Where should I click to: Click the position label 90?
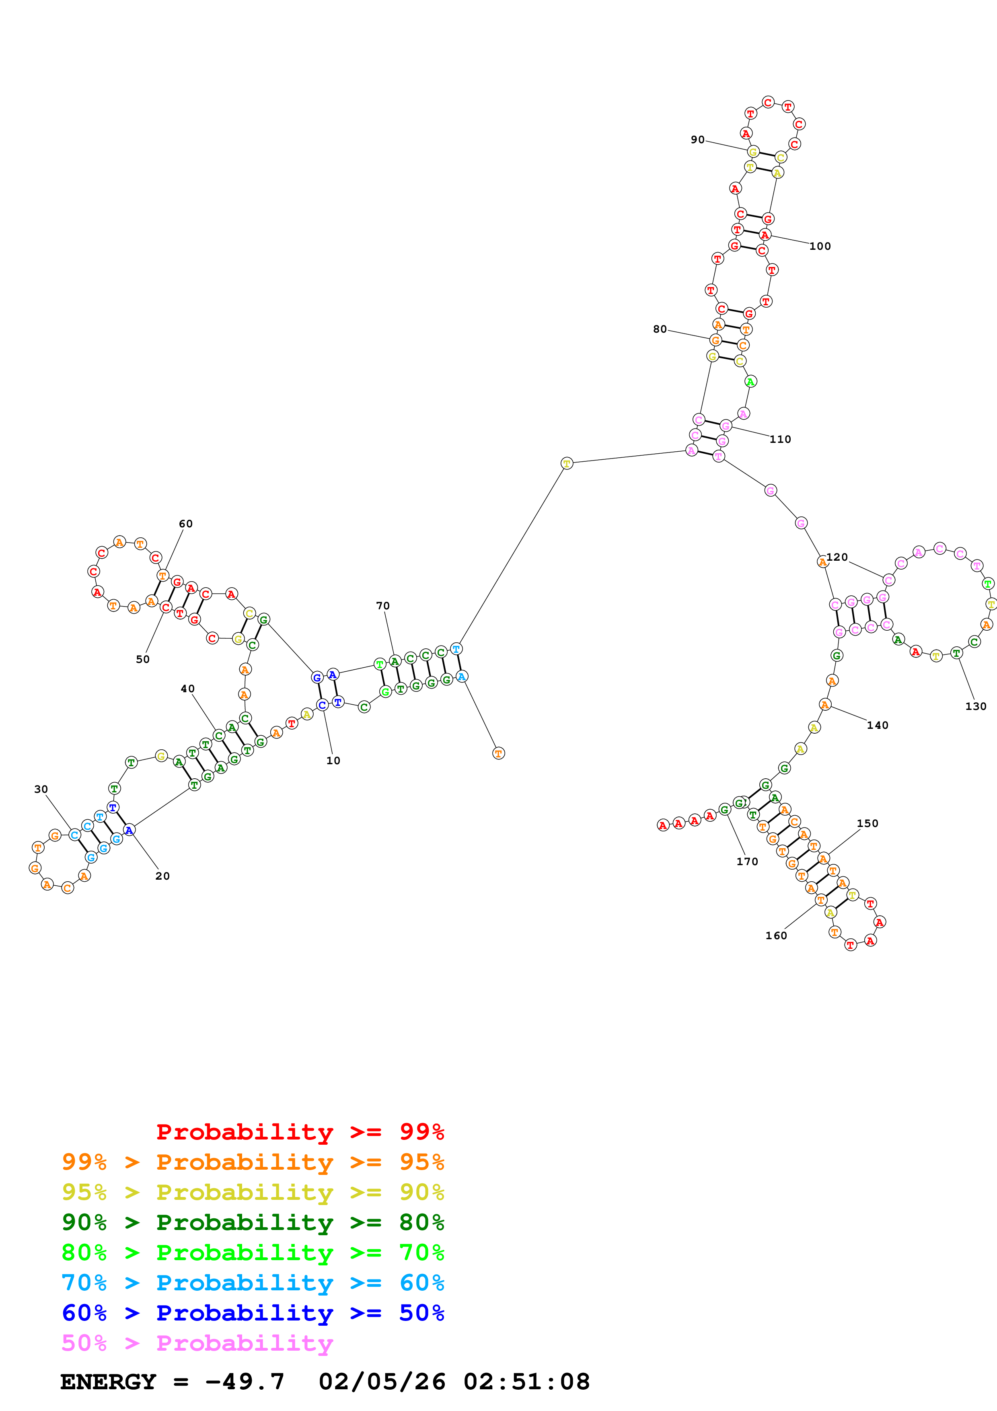[x=697, y=140]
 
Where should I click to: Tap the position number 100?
[x=820, y=247]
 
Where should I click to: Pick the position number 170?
[x=747, y=862]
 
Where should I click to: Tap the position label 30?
[x=41, y=789]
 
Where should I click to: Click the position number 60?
[x=185, y=524]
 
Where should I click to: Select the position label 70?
[x=383, y=606]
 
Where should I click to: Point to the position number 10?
[x=333, y=761]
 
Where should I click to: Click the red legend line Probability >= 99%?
[x=300, y=1131]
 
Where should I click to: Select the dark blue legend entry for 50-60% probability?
[x=253, y=1313]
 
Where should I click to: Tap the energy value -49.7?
[x=245, y=1382]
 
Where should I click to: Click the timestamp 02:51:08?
[x=526, y=1382]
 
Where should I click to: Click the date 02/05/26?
[x=382, y=1382]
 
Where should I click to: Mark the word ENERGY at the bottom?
[x=108, y=1382]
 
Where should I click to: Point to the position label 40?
[x=187, y=689]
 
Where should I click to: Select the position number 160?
[x=776, y=935]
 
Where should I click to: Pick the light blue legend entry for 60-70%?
[x=253, y=1283]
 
